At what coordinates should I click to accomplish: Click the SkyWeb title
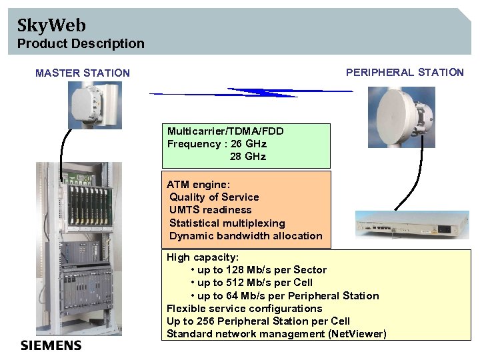point(51,26)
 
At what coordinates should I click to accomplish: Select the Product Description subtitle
point(81,44)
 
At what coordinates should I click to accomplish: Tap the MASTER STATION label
point(83,73)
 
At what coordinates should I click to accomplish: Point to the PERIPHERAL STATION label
point(405,73)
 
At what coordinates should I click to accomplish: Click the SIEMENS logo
point(51,345)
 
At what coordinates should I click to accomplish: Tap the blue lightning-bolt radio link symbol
point(251,91)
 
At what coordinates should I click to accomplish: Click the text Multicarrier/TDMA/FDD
point(225,131)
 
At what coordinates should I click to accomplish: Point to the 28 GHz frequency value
point(248,157)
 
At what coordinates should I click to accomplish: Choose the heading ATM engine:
point(199,184)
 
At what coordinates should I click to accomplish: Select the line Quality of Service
point(214,197)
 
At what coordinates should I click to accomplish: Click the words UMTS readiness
point(211,210)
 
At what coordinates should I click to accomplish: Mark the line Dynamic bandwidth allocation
point(246,236)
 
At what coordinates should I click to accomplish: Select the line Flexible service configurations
point(244,309)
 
